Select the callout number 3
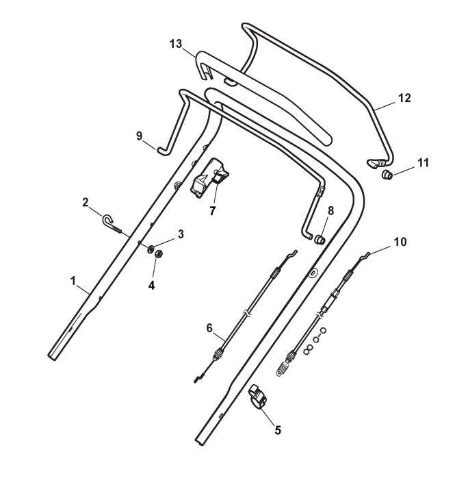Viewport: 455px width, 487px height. [181, 234]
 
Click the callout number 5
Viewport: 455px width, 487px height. [277, 431]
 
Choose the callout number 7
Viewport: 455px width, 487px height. [213, 211]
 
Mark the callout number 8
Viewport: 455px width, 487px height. [330, 211]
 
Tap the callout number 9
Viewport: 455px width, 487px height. [140, 136]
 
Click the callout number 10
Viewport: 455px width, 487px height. [400, 242]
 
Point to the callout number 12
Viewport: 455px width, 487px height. [404, 99]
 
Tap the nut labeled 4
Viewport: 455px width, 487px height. [157, 253]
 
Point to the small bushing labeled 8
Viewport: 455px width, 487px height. [318, 240]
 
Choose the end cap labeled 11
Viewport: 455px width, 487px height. [387, 175]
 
